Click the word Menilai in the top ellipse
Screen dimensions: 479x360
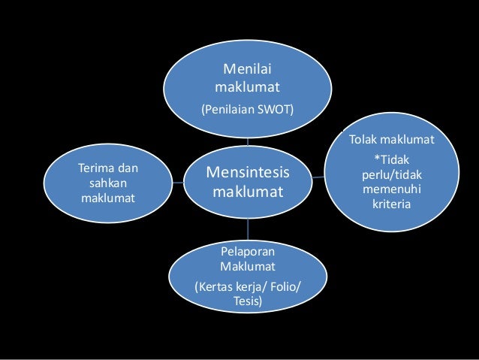[248, 71]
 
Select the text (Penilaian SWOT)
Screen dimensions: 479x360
[248, 110]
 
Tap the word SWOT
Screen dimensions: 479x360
[277, 110]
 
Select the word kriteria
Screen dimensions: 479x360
[391, 204]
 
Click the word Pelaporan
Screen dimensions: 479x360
[248, 251]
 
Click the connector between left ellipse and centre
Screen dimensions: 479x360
[179, 182]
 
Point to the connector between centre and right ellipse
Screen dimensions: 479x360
[318, 177]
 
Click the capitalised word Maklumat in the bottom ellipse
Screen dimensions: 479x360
[248, 266]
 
